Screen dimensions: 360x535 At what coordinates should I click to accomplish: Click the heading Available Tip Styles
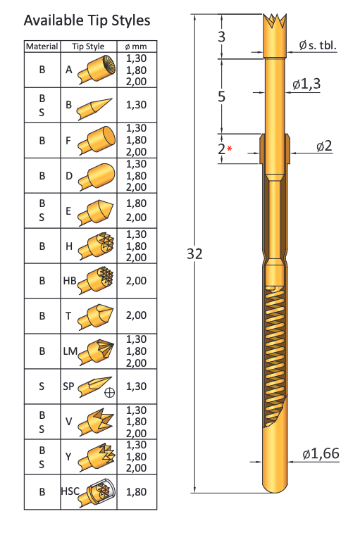coord(87,21)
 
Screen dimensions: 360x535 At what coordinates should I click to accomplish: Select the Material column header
coord(42,46)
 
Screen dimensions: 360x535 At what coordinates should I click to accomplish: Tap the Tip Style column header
coord(88,46)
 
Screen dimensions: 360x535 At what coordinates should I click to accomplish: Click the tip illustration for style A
coord(97,69)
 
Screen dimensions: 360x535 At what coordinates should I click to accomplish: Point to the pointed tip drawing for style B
coord(94,108)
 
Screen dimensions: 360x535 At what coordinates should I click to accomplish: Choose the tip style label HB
coord(69,281)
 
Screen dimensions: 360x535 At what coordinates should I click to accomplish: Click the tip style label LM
coord(70,351)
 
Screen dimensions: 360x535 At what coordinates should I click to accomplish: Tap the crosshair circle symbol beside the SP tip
coord(109,393)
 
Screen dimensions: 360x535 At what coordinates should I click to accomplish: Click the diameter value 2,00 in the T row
coord(136,315)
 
